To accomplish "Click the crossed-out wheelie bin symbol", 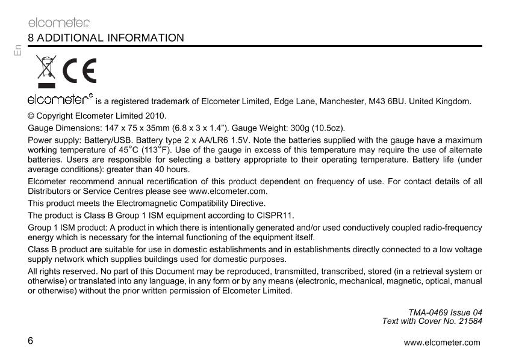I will click(x=46, y=71).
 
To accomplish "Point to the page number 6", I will click(x=31, y=340).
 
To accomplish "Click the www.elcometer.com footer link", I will click(x=442, y=343).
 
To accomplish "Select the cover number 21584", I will click(x=469, y=321).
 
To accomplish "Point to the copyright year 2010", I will click(x=157, y=116).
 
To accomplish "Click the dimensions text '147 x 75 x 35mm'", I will click(x=118, y=128).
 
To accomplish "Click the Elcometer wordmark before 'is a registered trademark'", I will click(x=60, y=99).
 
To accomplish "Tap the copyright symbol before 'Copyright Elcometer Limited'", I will click(x=31, y=116).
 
